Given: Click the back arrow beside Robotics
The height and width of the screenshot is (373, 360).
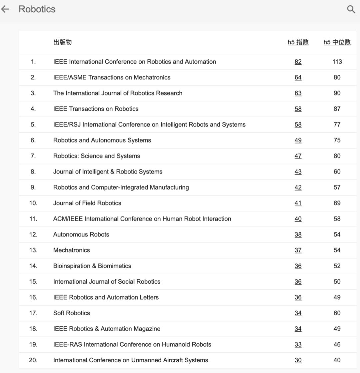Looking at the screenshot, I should (5, 9).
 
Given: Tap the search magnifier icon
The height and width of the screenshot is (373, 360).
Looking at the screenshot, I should (351, 9).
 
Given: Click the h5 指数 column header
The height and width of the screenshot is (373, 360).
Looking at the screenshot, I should (298, 42).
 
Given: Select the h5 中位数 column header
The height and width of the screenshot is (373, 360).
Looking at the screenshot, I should (337, 42).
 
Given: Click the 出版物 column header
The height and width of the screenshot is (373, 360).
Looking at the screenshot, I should (62, 42).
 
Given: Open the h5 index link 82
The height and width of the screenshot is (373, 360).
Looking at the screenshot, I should (298, 62).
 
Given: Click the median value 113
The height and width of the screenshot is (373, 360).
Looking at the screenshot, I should (337, 62).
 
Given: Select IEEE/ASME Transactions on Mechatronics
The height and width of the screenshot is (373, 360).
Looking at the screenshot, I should (112, 77).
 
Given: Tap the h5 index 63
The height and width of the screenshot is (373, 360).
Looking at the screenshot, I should (298, 93).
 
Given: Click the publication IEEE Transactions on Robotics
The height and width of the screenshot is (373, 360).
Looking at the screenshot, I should (96, 109).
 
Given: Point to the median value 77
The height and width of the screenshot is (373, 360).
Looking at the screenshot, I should (337, 124).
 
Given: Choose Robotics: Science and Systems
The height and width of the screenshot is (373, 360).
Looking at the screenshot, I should (97, 156).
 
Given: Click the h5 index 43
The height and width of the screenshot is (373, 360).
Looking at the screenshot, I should (298, 172).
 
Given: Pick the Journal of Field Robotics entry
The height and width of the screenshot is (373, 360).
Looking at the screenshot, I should (87, 203).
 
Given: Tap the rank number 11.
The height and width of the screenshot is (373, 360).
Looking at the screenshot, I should (33, 219).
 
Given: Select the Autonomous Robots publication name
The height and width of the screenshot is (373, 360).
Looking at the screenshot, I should (81, 235).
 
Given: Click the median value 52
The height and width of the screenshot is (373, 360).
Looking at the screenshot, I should (337, 266).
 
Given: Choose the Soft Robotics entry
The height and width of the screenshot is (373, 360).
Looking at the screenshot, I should (72, 313).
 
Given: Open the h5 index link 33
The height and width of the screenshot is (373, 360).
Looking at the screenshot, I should (298, 345).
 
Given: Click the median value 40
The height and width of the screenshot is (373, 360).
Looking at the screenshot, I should (337, 360).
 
